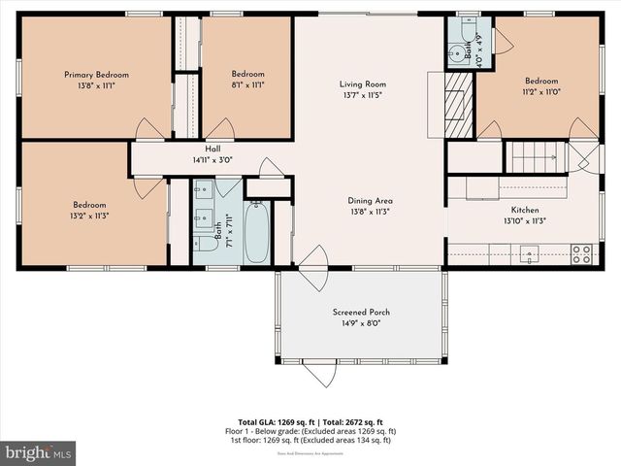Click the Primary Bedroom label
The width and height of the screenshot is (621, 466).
96,75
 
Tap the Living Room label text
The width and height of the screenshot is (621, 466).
362,84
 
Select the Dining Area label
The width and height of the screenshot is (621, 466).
371,201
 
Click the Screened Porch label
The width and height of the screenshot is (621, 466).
360,312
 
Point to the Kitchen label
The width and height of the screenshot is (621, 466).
524,210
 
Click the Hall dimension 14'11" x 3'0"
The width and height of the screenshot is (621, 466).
212,160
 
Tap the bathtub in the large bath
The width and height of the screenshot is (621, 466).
257,231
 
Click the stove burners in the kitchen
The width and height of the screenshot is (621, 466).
581,254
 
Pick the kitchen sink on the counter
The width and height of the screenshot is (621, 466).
530,254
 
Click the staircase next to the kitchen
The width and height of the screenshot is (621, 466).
538,155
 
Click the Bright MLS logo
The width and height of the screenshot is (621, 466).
39,452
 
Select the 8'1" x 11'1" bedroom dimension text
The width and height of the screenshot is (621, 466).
247,84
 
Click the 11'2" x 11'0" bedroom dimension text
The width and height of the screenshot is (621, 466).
541,92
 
